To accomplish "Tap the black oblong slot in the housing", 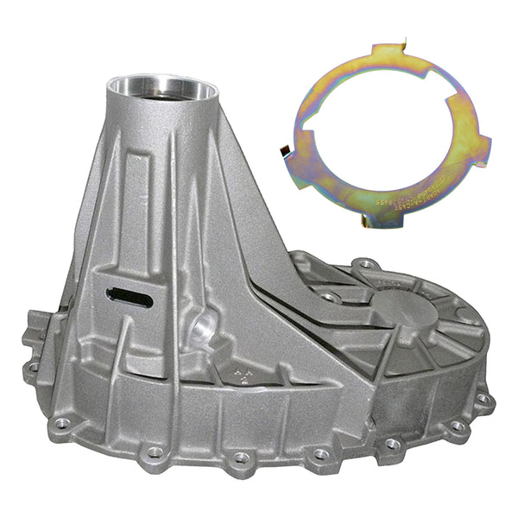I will (129, 298).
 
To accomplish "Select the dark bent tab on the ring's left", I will (282, 154).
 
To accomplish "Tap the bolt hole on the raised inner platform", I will (331, 296).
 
